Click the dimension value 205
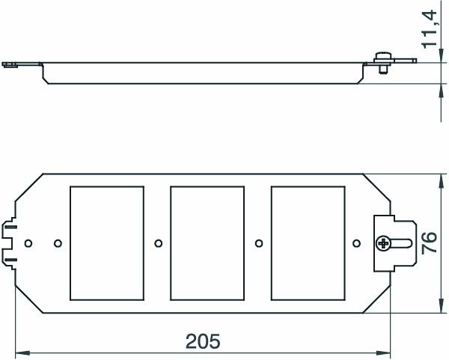[x=203, y=341]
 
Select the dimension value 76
[x=429, y=243]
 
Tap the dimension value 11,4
[x=429, y=28]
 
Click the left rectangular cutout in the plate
[x=107, y=242]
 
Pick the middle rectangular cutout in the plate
[x=208, y=242]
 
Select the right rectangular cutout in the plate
[x=308, y=242]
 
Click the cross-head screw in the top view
[x=384, y=242]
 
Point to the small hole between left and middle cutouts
[x=158, y=243]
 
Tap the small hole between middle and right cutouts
[x=258, y=243]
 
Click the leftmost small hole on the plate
[x=28, y=243]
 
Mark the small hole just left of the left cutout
[x=58, y=243]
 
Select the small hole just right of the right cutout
[x=358, y=243]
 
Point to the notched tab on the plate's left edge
[x=11, y=242]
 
